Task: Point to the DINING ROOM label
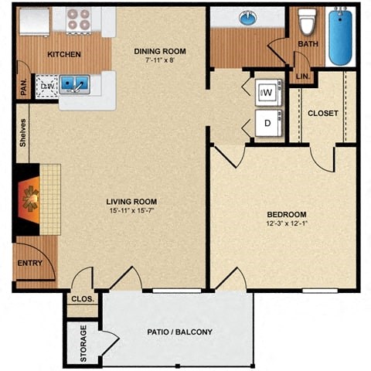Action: point(161,52)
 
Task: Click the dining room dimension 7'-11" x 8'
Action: point(161,61)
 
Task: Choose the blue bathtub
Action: point(341,36)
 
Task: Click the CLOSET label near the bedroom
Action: point(323,114)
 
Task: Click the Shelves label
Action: point(24,133)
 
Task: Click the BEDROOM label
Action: point(287,214)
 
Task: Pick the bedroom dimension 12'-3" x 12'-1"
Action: point(287,223)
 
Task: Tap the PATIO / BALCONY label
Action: point(179,332)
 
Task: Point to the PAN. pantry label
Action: point(22,88)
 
